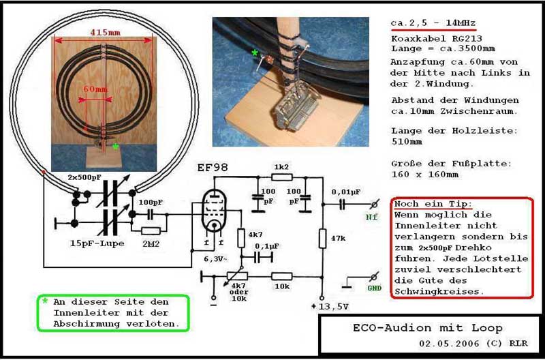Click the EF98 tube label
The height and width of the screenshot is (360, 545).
pyautogui.click(x=213, y=168)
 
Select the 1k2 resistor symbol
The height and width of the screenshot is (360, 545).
pyautogui.click(x=281, y=177)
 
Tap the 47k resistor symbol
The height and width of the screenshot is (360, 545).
pyautogui.click(x=322, y=239)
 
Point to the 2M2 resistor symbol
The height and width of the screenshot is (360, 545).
pyautogui.click(x=151, y=231)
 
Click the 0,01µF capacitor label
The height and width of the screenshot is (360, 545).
pyautogui.click(x=346, y=192)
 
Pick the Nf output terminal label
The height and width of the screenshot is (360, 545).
pyautogui.click(x=371, y=217)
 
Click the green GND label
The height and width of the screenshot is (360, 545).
pyautogui.click(x=374, y=288)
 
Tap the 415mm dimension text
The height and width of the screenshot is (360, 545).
pyautogui.click(x=106, y=32)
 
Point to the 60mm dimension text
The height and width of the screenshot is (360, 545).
pyautogui.click(x=95, y=89)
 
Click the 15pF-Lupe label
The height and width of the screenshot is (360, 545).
pyautogui.click(x=97, y=243)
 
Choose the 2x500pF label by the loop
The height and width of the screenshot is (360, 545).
pyautogui.click(x=84, y=177)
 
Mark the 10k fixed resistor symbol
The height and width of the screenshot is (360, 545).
pyautogui.click(x=281, y=277)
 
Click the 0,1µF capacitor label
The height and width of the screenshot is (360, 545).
pyautogui.click(x=267, y=246)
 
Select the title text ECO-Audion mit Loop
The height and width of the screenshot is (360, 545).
pyautogui.click(x=428, y=328)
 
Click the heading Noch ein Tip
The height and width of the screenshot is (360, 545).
pyautogui.click(x=433, y=204)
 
